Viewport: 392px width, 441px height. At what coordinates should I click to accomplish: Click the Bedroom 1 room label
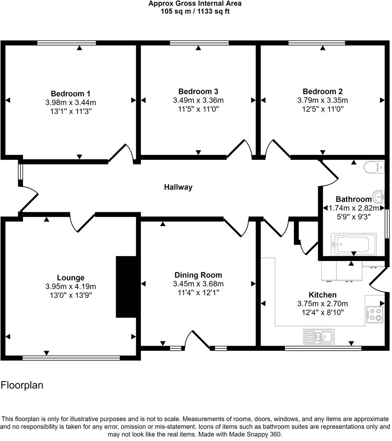coord(71,94)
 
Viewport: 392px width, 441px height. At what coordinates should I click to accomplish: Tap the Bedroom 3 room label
coord(198,92)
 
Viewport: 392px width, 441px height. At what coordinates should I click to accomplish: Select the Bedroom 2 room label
coord(323,92)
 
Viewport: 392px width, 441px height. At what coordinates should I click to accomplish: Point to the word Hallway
coord(178,188)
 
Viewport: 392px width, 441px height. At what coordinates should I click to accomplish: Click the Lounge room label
coord(71,278)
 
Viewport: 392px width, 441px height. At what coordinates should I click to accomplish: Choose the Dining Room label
coord(198,275)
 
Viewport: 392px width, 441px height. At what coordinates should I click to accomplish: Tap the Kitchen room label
coord(323,295)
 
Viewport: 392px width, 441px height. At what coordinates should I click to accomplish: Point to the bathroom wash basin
coord(379,197)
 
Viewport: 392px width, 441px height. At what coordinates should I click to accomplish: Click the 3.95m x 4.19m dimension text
coord(71,286)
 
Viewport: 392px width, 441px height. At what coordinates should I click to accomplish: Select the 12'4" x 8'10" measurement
coord(323,312)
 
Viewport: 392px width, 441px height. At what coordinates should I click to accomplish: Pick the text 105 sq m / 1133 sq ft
coord(195,11)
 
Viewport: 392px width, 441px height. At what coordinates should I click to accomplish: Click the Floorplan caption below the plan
coord(22,385)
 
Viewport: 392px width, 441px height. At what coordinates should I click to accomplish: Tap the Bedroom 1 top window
coord(66,43)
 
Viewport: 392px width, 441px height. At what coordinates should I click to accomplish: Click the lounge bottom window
coord(71,358)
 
